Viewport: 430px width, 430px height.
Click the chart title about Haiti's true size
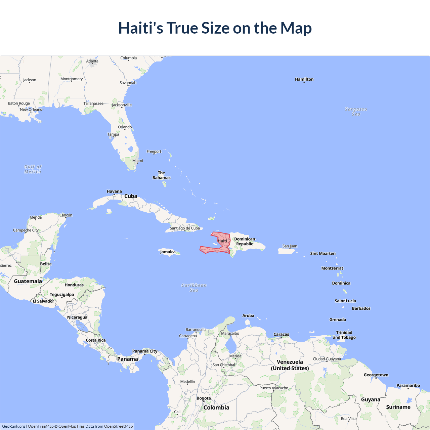(x=215, y=28)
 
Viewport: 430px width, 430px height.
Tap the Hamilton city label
(x=304, y=79)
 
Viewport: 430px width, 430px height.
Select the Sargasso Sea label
(x=356, y=112)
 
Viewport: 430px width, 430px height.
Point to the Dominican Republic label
(x=245, y=242)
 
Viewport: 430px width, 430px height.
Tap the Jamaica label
(x=168, y=252)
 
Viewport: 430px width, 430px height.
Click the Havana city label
(x=114, y=191)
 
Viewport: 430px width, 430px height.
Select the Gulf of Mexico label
(x=33, y=169)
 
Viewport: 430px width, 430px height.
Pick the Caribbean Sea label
(x=194, y=288)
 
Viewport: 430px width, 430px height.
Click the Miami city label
(x=138, y=161)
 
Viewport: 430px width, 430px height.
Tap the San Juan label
(x=290, y=246)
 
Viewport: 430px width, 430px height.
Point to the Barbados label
(x=361, y=308)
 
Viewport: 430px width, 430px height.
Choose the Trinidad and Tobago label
(x=344, y=335)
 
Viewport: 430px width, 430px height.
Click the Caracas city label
(x=281, y=335)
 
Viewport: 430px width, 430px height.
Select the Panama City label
(x=145, y=351)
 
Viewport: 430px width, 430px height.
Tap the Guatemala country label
(x=28, y=281)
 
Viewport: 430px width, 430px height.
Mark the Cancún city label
(x=66, y=215)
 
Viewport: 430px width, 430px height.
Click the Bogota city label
(x=204, y=398)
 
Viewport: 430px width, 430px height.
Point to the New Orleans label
(x=31, y=110)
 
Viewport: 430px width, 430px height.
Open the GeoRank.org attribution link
(x=13, y=426)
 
